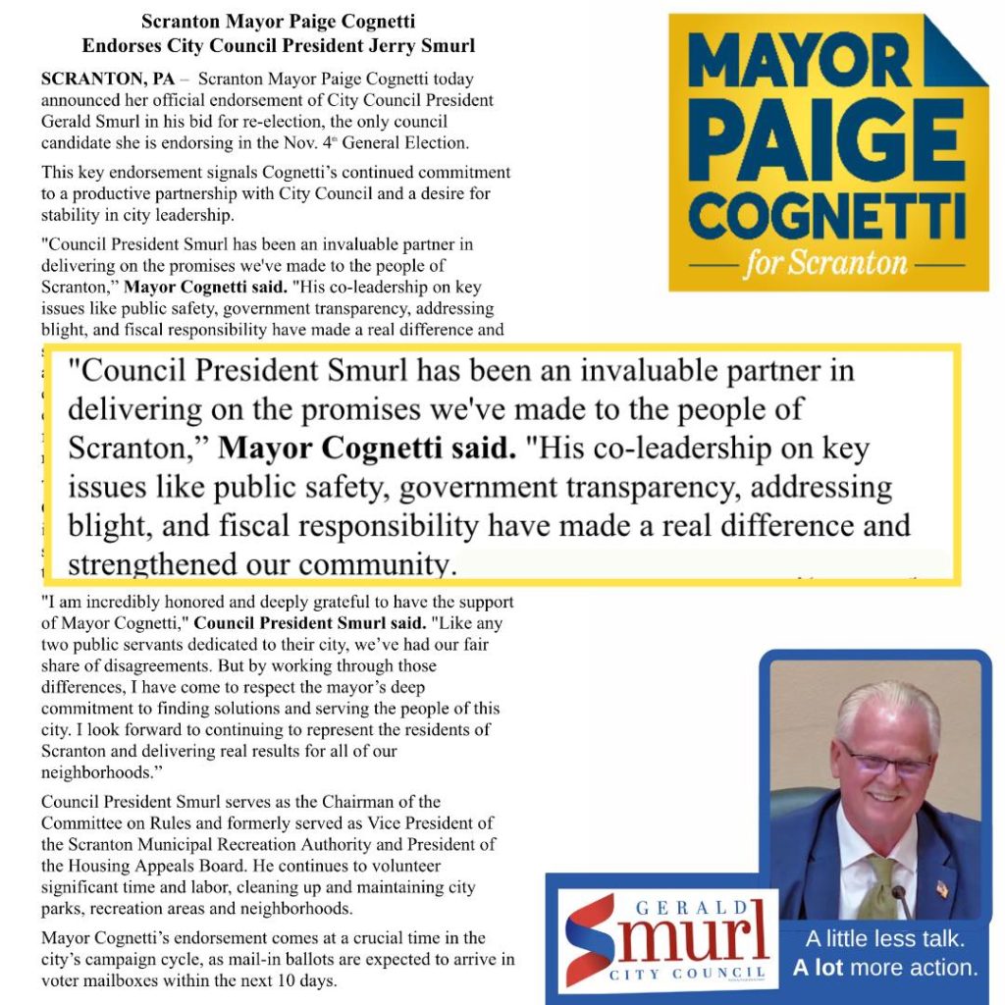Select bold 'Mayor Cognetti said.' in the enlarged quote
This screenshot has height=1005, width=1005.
(367, 448)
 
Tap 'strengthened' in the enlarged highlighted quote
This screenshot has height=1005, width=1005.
(151, 565)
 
